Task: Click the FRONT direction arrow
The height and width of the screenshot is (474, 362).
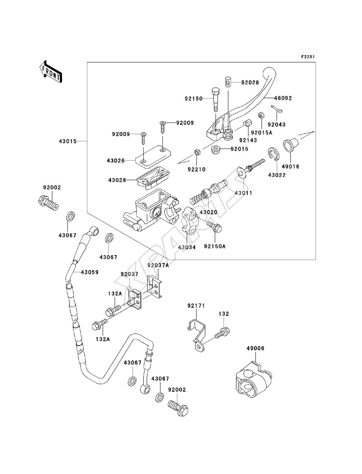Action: [x=51, y=71]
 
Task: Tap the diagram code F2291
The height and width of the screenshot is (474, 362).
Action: [x=308, y=57]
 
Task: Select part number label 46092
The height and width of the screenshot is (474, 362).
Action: [x=283, y=98]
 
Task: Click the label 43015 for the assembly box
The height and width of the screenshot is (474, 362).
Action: [x=68, y=141]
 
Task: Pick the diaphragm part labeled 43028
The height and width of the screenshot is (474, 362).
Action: [x=153, y=178]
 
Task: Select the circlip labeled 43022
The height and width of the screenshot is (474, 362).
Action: [x=274, y=154]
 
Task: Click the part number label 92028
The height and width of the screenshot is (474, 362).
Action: [x=250, y=83]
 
